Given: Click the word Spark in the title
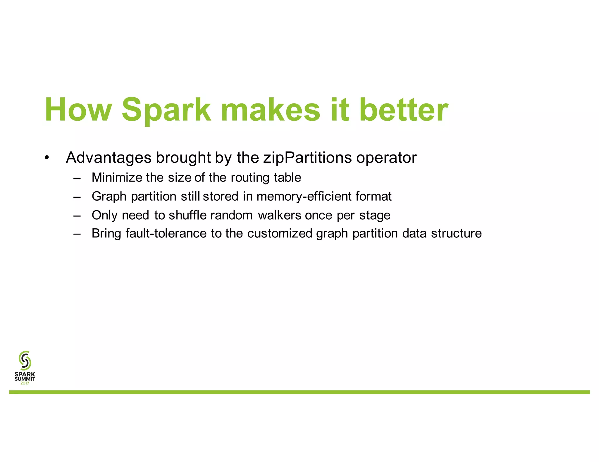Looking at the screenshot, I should point(166,110).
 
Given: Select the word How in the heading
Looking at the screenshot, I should point(78,110).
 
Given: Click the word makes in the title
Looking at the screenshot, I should point(271,110).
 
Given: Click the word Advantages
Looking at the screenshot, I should point(109,158).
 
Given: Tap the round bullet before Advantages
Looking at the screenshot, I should point(47,158).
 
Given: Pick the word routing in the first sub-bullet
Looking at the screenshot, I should point(250,178).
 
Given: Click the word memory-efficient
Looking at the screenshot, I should point(304,196).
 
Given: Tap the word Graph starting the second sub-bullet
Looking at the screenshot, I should point(109,196).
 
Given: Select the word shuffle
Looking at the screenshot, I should point(187,215).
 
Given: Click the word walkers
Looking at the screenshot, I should point(279,215).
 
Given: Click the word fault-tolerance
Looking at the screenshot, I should point(166,233).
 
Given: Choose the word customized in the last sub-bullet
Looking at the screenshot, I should point(280,233).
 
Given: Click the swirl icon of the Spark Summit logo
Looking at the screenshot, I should point(25,360).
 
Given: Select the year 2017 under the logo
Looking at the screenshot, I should point(25,383).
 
